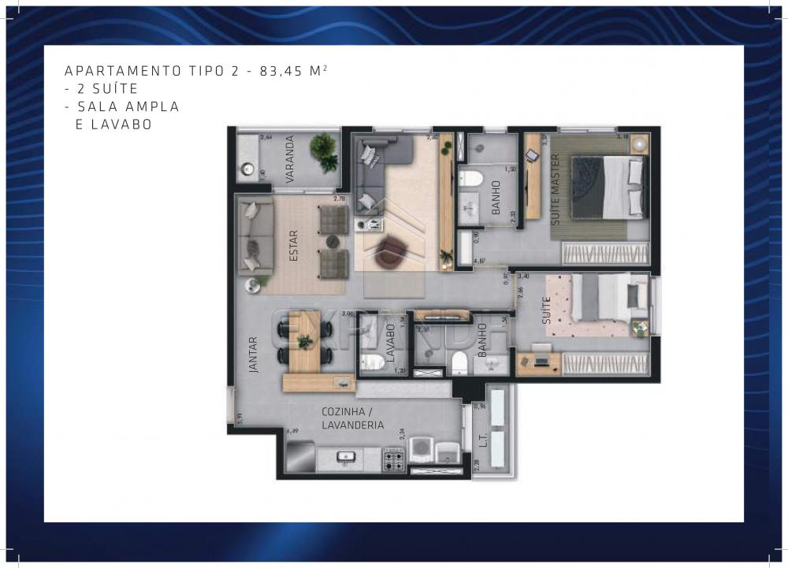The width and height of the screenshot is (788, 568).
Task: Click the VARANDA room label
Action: tap(290, 160)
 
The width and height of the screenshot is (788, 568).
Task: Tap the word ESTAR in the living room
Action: tap(293, 244)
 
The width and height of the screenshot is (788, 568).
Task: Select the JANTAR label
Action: tap(253, 355)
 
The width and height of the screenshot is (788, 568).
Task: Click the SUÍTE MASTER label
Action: tap(556, 190)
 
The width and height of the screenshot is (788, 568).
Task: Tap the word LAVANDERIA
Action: tap(353, 425)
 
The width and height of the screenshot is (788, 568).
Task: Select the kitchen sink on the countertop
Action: tap(345, 455)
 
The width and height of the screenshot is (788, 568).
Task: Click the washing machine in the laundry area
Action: tap(423, 451)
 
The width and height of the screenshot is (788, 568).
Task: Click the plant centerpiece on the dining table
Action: tap(303, 340)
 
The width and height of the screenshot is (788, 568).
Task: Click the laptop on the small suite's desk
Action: tap(541, 362)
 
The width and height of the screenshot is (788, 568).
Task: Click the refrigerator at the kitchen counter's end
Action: tap(300, 456)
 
